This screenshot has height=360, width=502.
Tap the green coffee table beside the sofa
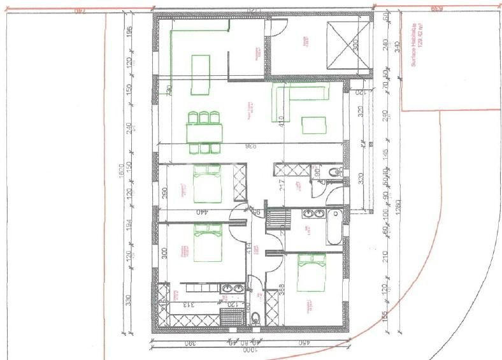[313, 124]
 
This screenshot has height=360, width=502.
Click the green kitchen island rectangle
[201, 65]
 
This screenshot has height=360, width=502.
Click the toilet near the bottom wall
[255, 319]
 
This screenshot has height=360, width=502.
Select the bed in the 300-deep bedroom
[206, 243]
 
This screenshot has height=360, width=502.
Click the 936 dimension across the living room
[250, 147]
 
